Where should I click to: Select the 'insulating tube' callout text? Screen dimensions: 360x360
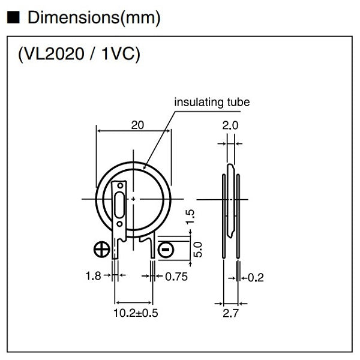click(212, 103)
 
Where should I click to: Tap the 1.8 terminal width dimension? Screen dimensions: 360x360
click(94, 277)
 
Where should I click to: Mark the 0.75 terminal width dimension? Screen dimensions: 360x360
click(175, 277)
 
